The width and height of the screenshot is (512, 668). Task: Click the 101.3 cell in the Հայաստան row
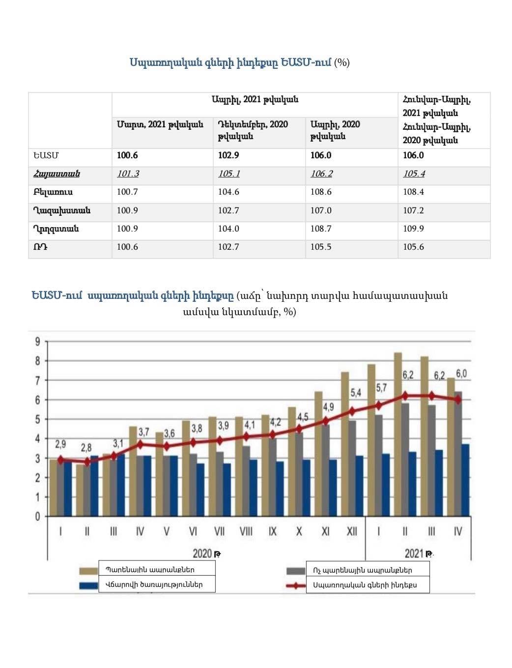point(128,174)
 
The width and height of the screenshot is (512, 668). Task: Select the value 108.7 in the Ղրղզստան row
point(321,229)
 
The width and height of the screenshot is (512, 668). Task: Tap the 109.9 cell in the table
point(413,229)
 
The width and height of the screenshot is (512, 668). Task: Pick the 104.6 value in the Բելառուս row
point(228,192)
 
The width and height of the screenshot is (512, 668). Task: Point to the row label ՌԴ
point(40,247)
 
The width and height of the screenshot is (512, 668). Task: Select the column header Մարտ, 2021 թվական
point(160,124)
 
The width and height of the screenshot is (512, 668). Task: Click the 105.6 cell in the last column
point(413,247)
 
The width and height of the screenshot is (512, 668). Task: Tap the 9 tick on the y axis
point(37,342)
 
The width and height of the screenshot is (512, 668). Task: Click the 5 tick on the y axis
point(37,419)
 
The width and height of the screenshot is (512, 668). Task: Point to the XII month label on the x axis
point(352,531)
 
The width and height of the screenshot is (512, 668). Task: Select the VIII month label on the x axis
point(246,531)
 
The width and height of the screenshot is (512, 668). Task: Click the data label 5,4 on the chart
point(356,393)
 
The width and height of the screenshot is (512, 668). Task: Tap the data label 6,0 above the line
point(461,374)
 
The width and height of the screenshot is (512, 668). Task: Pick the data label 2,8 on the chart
point(86,448)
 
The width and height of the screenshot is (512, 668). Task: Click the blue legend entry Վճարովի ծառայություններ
point(154,584)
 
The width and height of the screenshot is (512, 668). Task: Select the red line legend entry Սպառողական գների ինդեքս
point(365,585)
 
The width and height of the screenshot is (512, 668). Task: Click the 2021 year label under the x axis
point(414,553)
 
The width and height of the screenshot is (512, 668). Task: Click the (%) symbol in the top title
point(342,62)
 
